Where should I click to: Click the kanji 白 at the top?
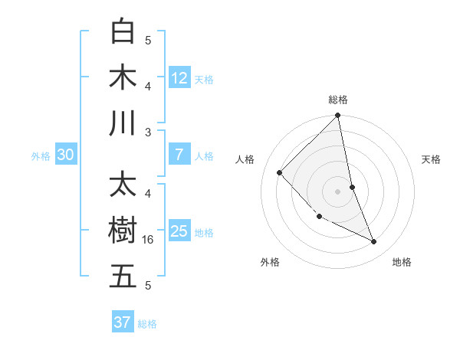coord(123,32)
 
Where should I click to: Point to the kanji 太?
coord(123,186)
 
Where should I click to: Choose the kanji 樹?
coord(123,231)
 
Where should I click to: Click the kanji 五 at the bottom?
coord(123,277)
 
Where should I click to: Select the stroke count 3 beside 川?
coord(148,132)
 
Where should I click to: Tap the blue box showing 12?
coord(179,78)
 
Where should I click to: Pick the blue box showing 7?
coord(179,155)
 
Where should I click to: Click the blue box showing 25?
coord(179,231)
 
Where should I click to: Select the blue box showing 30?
coord(66,155)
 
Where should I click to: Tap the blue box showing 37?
coord(123,322)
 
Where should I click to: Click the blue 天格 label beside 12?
coord(204,80)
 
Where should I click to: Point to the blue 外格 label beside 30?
coord(41,156)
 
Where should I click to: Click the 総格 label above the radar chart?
coord(338,100)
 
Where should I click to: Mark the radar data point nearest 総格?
coord(338,116)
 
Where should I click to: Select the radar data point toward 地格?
coord(374,242)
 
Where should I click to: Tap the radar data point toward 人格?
coord(280,173)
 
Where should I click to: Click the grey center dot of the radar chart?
coord(338,191)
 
